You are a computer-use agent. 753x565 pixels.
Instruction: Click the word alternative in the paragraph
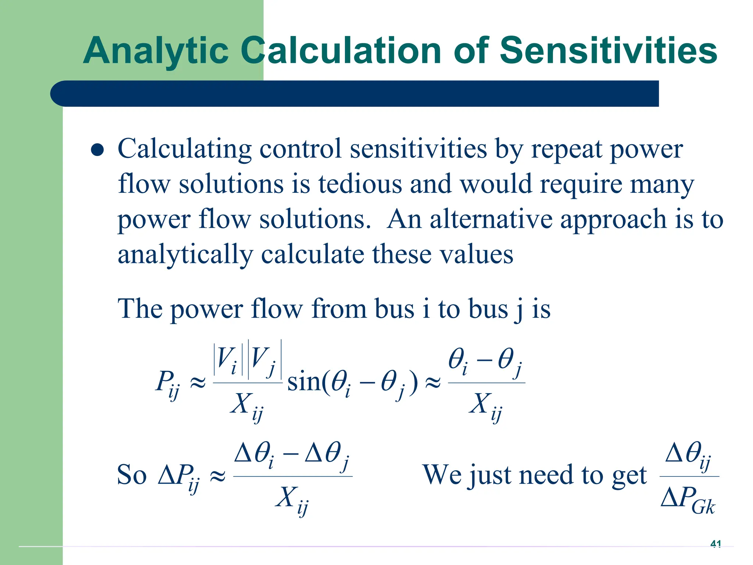click(491, 219)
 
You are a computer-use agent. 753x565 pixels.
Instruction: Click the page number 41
click(715, 544)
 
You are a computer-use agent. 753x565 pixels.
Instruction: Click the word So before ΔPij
click(132, 475)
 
